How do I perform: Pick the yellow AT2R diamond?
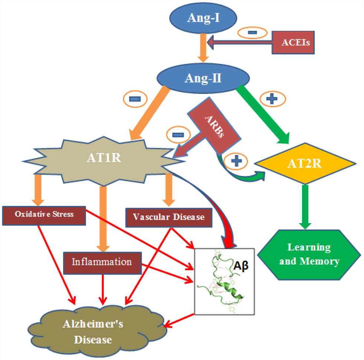(309, 163)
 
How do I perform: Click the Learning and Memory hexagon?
(309, 254)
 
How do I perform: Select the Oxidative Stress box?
(44, 214)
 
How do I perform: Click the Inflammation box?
(102, 262)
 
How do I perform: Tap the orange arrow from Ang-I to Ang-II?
(202, 48)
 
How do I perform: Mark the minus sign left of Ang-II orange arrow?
(134, 99)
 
